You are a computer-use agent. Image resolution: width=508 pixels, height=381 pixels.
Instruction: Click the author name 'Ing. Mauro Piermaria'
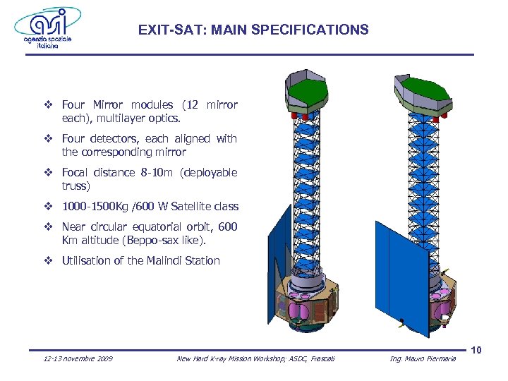click(x=423, y=359)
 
